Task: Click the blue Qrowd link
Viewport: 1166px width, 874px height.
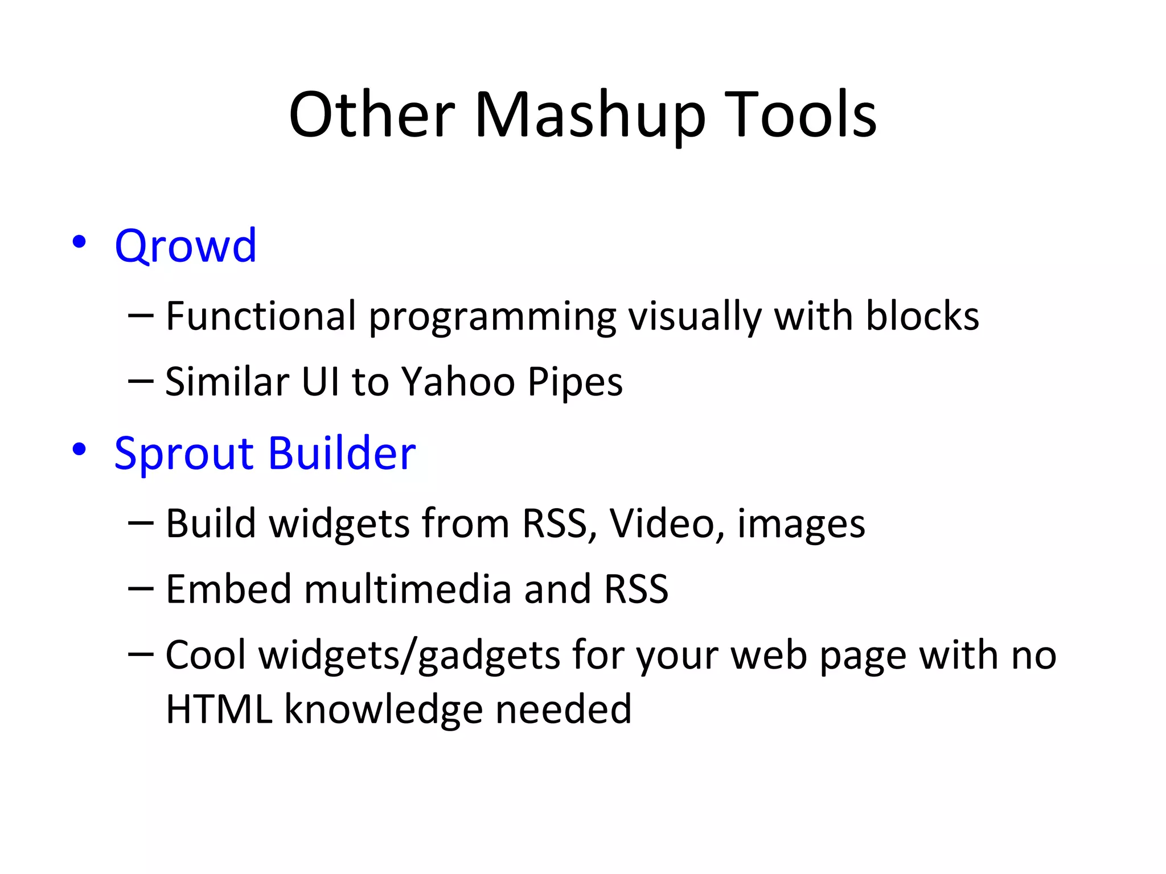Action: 186,246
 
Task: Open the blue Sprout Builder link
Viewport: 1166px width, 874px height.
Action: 265,454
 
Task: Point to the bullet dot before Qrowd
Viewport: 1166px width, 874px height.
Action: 79,242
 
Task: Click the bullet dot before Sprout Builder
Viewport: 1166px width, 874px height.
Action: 79,450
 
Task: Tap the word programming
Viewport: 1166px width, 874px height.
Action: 492,318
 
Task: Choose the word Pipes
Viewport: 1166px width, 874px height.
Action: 575,382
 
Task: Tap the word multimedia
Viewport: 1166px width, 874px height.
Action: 408,589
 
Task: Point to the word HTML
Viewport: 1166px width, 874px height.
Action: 219,709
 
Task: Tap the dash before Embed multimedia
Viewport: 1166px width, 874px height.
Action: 141,589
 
